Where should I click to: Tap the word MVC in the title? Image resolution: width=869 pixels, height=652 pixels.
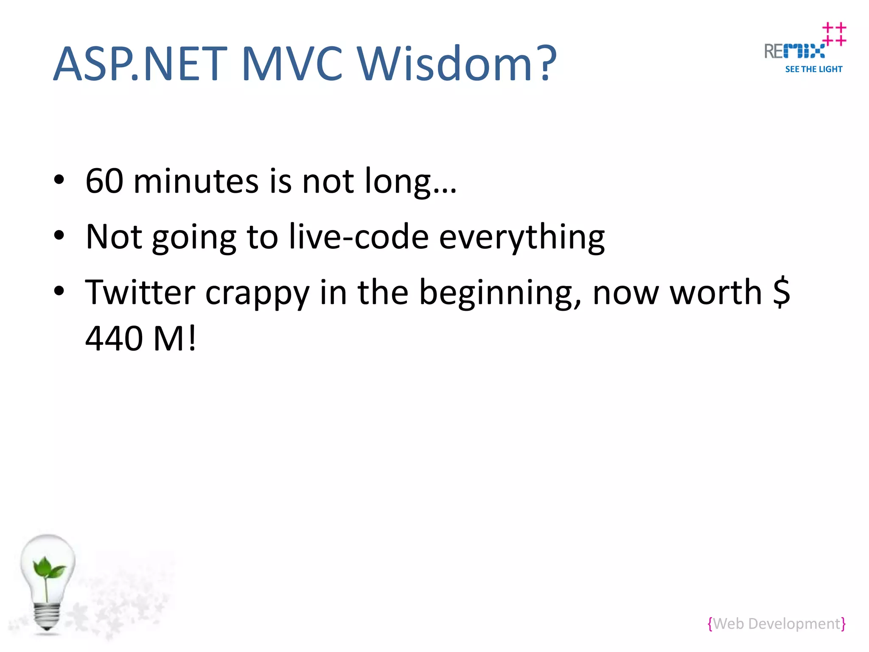292,64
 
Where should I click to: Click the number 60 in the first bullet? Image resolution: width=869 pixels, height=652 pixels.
104,181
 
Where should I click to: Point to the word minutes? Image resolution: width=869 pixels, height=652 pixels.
196,181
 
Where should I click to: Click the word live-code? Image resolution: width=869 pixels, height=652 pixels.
359,237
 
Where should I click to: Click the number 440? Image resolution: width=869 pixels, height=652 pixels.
114,338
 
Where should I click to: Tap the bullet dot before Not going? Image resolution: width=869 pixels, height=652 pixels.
59,235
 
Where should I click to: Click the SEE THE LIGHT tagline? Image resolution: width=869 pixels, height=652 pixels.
813,69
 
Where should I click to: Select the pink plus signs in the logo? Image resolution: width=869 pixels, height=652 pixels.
834,34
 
